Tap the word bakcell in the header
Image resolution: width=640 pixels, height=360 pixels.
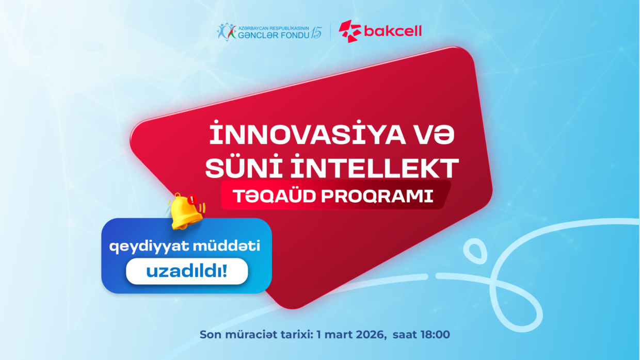click(x=393, y=31)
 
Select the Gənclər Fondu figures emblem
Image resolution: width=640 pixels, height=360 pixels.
click(x=226, y=31)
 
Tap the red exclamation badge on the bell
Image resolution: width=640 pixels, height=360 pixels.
click(x=193, y=200)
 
